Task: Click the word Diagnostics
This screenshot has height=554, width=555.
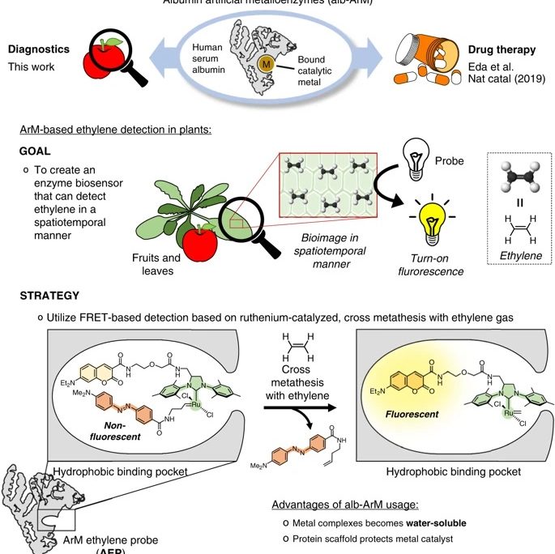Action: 39,49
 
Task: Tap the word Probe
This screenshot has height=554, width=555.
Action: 450,161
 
